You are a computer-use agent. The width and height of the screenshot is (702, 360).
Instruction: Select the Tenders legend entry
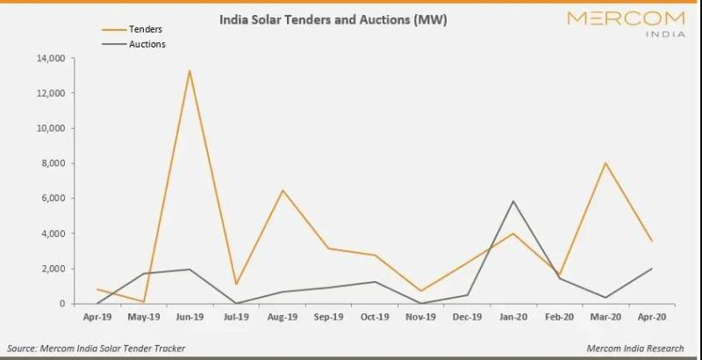146,29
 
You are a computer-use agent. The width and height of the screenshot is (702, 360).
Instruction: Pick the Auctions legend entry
147,44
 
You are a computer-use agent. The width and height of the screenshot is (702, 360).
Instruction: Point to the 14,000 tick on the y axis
51,59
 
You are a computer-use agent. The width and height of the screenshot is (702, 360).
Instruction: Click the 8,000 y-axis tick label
54,163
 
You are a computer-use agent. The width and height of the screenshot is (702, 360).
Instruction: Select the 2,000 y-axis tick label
54,269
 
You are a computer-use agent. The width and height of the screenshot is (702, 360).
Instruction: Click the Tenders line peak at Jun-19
190,70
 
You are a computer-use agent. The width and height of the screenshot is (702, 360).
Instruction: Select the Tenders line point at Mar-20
605,162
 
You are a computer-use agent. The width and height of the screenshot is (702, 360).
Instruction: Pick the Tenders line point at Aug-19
283,190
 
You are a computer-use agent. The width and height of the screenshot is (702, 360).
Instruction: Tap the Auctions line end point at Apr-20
652,269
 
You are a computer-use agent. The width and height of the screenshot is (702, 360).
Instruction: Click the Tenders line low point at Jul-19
236,284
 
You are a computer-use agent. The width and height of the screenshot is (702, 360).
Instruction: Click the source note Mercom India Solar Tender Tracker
97,349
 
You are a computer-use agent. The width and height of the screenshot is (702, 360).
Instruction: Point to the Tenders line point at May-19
143,301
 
